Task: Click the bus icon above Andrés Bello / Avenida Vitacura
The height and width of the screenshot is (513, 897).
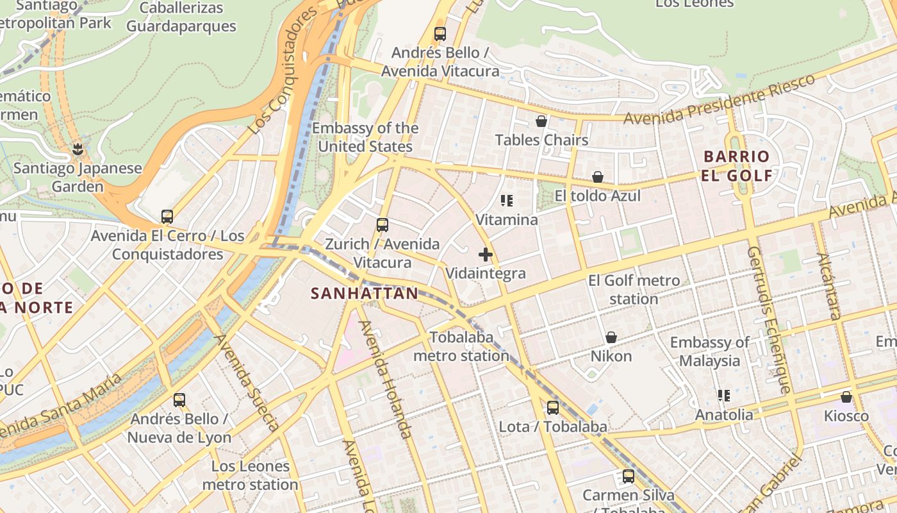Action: tap(440, 34)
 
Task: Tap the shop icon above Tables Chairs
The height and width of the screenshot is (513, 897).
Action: tap(541, 121)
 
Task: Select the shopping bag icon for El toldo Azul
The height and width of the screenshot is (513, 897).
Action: tap(598, 176)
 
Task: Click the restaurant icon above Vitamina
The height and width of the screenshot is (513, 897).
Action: tap(507, 201)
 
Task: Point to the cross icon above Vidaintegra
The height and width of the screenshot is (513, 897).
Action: tap(486, 255)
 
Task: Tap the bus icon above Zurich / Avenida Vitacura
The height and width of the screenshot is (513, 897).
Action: tap(383, 225)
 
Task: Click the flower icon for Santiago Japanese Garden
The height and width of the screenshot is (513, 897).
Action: tap(78, 149)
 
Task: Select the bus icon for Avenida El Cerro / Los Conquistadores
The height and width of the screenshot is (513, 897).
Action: tap(167, 217)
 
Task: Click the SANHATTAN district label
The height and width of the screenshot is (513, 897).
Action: tap(364, 294)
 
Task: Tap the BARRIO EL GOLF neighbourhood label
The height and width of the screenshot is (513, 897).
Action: tap(736, 166)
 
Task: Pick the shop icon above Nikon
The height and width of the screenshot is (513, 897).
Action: tap(611, 337)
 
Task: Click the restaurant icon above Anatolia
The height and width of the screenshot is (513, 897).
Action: tap(724, 396)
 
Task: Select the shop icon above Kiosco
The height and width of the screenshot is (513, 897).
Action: tap(846, 397)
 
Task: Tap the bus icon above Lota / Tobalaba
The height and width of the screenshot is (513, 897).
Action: tap(552, 407)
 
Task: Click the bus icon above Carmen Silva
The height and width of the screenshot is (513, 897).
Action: tap(629, 476)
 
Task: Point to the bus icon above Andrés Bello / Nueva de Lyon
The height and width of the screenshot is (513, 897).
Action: tap(179, 400)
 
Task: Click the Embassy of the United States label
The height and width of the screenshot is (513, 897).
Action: tap(365, 137)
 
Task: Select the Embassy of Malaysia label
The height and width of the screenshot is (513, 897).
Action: tap(709, 351)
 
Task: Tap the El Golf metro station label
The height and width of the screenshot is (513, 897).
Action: tap(634, 290)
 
